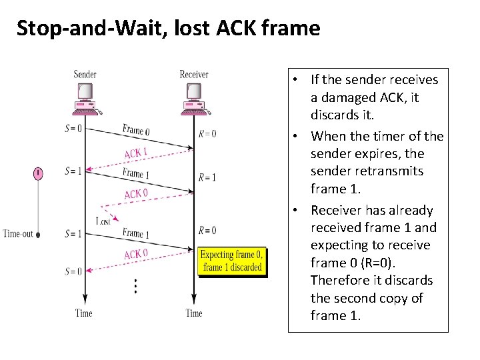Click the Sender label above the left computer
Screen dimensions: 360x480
84,75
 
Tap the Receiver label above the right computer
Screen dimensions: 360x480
194,75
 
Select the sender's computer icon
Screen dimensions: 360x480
84,99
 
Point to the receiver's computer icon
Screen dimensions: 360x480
194,99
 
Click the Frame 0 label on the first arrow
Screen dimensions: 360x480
136,130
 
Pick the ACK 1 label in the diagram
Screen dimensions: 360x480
136,153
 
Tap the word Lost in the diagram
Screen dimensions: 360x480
103,221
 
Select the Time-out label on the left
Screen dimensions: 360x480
18,234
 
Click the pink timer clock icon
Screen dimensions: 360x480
39,174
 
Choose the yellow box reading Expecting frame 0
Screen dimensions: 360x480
232,261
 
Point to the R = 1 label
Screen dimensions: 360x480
207,178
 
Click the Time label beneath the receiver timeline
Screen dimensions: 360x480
194,313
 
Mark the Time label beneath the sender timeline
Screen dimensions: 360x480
84,313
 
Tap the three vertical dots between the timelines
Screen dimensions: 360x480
135,287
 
